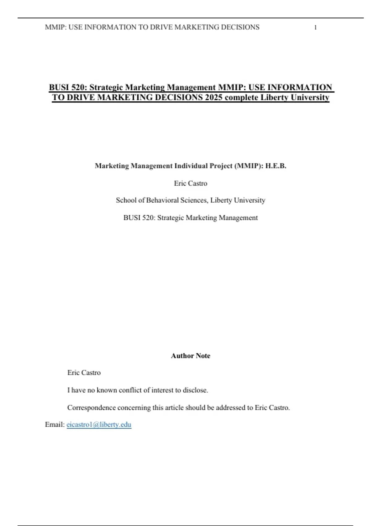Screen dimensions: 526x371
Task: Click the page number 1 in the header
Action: (315, 28)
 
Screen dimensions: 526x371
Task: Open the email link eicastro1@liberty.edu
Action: (99, 425)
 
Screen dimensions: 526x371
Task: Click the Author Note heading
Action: (190, 356)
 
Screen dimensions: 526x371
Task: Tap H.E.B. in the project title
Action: (276, 166)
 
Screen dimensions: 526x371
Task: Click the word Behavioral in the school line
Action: (162, 200)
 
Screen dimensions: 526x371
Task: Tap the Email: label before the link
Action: (55, 425)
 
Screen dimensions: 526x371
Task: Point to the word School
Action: (126, 200)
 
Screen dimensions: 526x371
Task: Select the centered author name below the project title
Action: (190, 183)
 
